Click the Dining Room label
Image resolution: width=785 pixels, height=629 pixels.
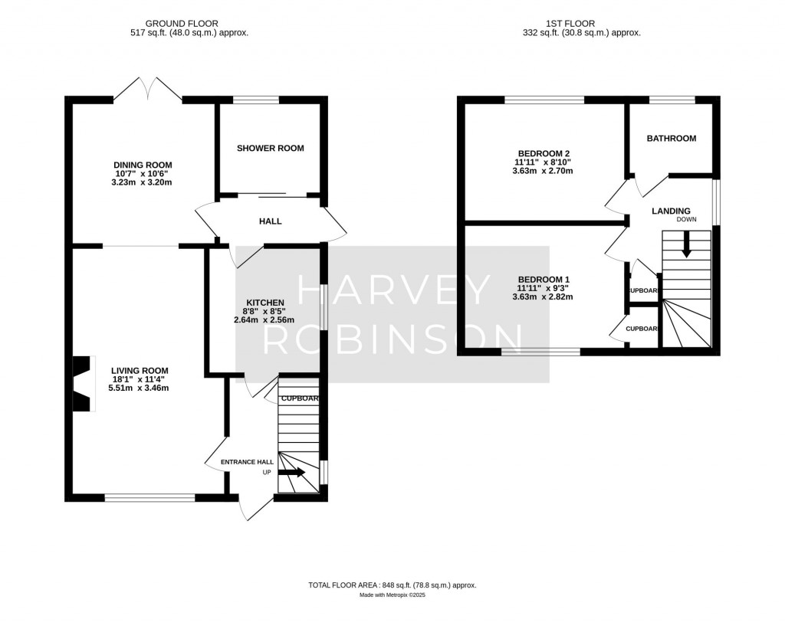[x=143, y=165]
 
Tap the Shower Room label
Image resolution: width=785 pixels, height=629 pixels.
[x=270, y=148]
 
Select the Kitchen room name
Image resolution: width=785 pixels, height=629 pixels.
[x=264, y=303]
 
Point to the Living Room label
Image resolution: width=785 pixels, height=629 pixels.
[x=139, y=371]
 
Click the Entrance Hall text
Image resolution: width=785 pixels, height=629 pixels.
[x=247, y=462]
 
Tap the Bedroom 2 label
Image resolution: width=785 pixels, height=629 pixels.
[x=543, y=153]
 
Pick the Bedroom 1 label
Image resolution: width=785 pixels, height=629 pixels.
[x=543, y=279]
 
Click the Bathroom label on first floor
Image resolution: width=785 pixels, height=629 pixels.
[x=672, y=139]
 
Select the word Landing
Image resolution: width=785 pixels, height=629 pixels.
[x=671, y=211]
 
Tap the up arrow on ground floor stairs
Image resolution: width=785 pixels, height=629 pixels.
[x=292, y=473]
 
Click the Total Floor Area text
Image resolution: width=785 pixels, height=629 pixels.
[x=392, y=585]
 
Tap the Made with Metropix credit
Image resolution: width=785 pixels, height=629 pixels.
[x=392, y=595]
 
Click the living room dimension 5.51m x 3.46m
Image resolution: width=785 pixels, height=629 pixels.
[x=138, y=388]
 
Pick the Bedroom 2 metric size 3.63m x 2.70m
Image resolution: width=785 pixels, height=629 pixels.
[x=543, y=171]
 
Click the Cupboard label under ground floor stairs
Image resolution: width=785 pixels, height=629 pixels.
[x=299, y=398]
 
